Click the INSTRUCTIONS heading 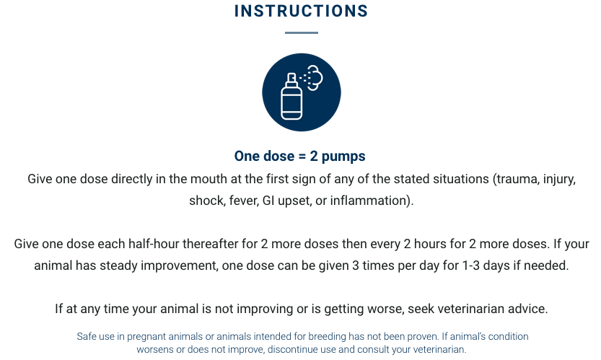tap(301, 12)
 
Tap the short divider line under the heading tap(301, 32)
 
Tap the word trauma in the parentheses tap(517, 178)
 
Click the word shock tap(205, 201)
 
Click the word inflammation tap(372, 201)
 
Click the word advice tap(528, 309)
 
